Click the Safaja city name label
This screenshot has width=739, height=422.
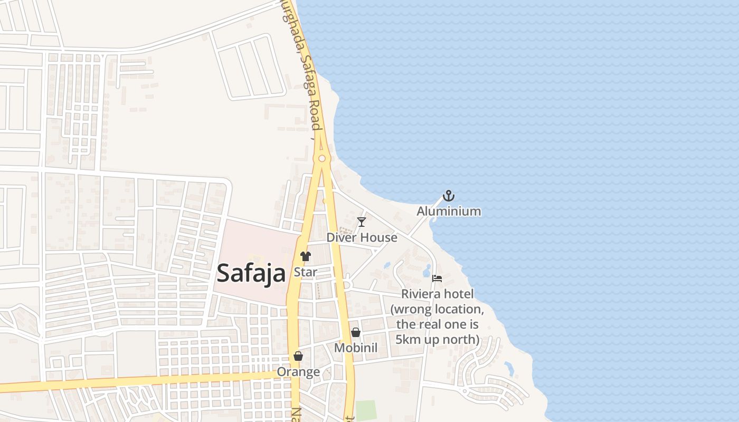(251, 273)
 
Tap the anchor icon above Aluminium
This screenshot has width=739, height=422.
(449, 196)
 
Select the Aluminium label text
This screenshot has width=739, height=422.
(449, 212)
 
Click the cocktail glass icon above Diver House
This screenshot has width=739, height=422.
(362, 222)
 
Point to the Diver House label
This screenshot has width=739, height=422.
(362, 237)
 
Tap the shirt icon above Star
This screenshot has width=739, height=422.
(305, 256)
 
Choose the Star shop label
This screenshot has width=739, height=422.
(305, 272)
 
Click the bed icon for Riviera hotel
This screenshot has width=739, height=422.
(437, 278)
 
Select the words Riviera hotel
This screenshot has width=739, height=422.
(437, 294)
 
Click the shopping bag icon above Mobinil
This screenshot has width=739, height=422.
(356, 332)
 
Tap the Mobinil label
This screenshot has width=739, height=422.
(356, 348)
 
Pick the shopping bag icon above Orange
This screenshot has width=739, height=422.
(298, 356)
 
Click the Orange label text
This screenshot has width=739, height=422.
(298, 372)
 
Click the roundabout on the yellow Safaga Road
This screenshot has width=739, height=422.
(321, 158)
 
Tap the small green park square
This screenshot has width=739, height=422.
(366, 410)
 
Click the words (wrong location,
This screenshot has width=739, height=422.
(437, 309)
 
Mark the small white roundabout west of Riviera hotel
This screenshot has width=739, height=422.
(347, 285)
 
